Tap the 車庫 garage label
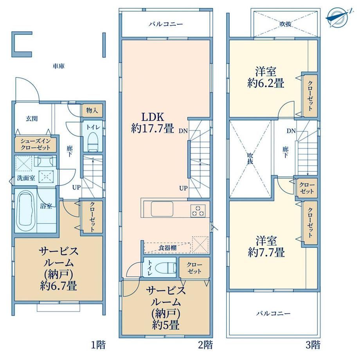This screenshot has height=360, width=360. point(59,67)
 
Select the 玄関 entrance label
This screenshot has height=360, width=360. point(31,119)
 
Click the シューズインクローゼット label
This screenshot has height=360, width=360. point(35,144)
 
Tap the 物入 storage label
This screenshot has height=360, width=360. point(92,110)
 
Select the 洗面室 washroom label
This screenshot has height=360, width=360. point(26,178)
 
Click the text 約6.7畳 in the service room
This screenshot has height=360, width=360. point(58,286)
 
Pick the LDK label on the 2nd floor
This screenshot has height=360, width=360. point(153,117)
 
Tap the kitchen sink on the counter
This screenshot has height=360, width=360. point(162,209)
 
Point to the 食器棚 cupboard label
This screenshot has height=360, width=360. point(167,248)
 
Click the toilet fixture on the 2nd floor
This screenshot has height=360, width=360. point(166,268)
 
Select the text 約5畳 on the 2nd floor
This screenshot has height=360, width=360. point(166,325)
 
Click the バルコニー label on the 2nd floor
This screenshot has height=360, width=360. point(166,24)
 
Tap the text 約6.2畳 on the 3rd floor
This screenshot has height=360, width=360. point(266,83)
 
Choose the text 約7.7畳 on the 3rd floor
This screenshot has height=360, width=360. point(266,252)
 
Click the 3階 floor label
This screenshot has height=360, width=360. point(313,345)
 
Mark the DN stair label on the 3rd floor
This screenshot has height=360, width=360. point(291,131)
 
